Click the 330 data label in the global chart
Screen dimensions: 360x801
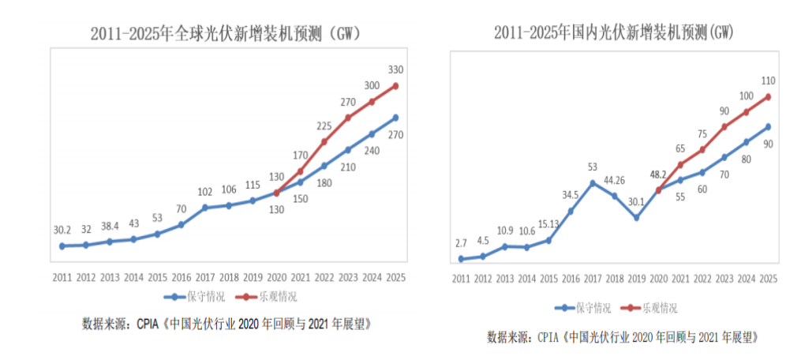click(x=395, y=69)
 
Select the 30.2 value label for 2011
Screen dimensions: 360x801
click(x=62, y=230)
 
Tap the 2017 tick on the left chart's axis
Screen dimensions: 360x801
click(x=204, y=279)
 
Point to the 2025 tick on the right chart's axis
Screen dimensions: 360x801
click(x=768, y=279)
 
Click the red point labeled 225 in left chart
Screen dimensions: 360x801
click(x=324, y=142)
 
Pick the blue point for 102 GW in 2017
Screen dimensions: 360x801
click(x=205, y=208)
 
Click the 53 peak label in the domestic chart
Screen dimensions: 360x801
click(x=592, y=167)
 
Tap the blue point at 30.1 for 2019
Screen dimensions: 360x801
click(x=636, y=217)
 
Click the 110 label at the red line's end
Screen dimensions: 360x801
click(x=768, y=81)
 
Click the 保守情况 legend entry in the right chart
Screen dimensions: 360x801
click(x=582, y=308)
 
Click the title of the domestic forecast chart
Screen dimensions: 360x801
click(x=613, y=32)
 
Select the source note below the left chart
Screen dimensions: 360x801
click(x=226, y=324)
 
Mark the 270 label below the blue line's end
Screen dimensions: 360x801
click(x=395, y=135)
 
